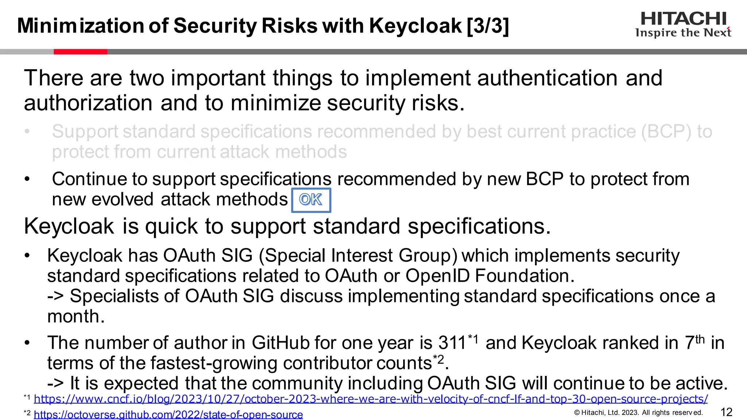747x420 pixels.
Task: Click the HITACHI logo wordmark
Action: (684, 19)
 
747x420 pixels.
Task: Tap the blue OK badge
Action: (311, 200)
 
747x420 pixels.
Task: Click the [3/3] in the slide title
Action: (488, 26)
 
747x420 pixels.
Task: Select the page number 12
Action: (727, 412)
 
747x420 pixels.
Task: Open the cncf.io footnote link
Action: (371, 399)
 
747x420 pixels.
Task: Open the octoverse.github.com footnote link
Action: (168, 415)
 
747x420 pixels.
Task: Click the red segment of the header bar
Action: (80, 52)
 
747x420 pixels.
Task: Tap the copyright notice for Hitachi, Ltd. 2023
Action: (638, 413)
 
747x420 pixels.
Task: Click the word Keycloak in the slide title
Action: (415, 26)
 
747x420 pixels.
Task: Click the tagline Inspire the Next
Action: (683, 33)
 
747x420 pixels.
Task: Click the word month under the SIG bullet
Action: (76, 316)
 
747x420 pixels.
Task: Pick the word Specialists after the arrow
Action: (114, 296)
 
